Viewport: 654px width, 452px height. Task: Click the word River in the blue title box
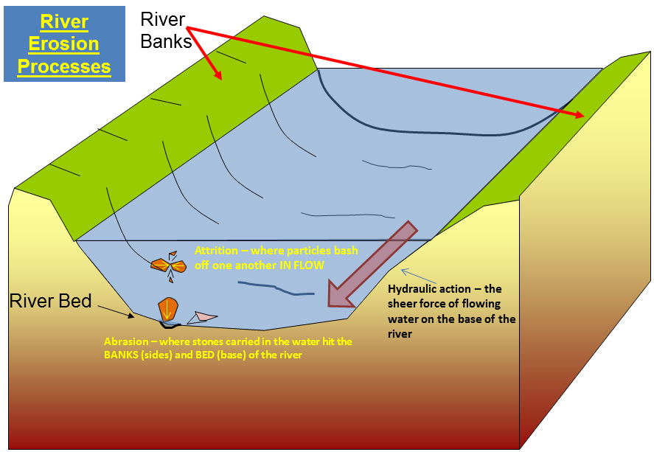64,21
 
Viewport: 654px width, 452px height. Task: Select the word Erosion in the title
64,44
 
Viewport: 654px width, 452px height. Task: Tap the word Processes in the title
64,67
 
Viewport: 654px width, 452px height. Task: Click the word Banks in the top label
167,41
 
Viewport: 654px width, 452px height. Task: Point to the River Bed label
51,301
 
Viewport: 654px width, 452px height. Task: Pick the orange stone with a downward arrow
168,308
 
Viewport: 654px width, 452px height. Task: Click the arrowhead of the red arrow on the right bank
583,115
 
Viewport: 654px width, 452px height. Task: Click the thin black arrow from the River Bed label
117,310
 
